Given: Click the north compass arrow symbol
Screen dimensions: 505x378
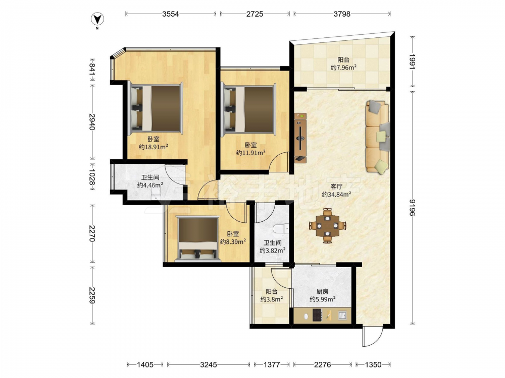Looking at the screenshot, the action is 97,20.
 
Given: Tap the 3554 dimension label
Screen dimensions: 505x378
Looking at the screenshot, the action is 170,14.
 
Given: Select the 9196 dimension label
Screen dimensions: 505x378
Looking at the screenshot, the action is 413,207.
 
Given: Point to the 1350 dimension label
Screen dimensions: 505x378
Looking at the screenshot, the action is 373,364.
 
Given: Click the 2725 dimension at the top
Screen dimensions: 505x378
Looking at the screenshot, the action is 255,14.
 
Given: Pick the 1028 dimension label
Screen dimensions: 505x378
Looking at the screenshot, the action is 92,177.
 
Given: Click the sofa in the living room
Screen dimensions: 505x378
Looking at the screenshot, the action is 377,137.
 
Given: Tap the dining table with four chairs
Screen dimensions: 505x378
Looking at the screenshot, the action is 328,225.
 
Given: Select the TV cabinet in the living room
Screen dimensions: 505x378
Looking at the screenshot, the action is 300,137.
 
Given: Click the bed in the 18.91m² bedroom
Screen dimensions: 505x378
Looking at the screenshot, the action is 156,108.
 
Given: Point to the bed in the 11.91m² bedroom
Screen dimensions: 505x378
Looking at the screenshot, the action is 248,108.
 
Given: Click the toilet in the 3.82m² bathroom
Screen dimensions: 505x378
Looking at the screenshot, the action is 280,229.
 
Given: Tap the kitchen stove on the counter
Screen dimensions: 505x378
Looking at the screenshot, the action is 317,316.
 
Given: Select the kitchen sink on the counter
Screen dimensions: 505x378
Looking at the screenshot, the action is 342,316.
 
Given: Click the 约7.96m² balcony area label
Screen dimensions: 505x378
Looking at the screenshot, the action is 343,68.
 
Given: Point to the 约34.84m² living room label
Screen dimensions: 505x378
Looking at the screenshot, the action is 336,195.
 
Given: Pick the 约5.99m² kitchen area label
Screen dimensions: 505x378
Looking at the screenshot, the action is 322,299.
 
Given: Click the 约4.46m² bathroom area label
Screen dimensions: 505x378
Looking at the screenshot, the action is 150,185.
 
